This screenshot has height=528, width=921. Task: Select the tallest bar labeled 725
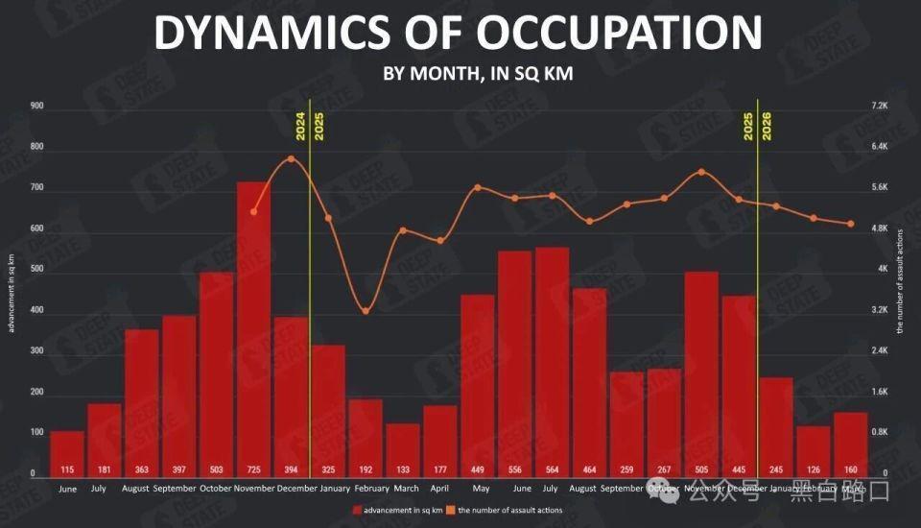click(x=253, y=326)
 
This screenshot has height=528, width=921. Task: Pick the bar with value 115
click(x=67, y=451)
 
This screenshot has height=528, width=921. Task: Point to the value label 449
click(x=477, y=469)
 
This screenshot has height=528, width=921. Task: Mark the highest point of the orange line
click(x=291, y=157)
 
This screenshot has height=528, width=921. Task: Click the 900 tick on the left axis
click(x=37, y=106)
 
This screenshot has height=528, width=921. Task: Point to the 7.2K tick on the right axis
click(x=880, y=106)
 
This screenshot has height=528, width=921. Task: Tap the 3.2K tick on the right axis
click(x=880, y=311)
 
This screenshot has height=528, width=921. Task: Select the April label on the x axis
click(x=439, y=488)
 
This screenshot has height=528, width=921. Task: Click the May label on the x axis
click(x=477, y=488)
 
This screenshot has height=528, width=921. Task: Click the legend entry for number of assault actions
click(x=509, y=510)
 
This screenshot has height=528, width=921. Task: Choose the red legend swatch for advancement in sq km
click(x=357, y=510)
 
